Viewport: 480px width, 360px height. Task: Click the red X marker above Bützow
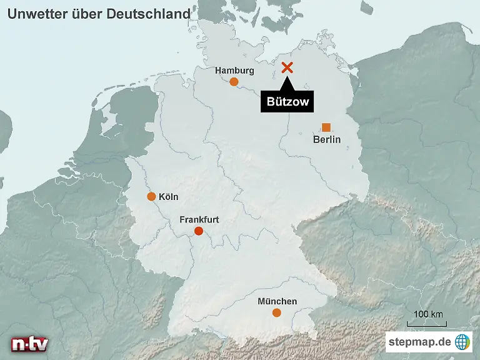coord(287,68)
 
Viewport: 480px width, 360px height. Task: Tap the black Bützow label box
coord(287,102)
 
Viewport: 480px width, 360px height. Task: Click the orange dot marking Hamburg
coord(234,82)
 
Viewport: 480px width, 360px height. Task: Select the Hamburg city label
coord(234,71)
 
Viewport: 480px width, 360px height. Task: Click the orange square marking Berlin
coord(326,127)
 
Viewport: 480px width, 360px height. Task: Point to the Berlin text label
coord(326,139)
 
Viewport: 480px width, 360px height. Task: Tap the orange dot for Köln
coord(151,196)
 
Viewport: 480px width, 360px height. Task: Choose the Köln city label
coord(169,197)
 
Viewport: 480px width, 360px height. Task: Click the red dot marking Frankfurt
coord(199,231)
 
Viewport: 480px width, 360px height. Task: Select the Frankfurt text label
coord(199,220)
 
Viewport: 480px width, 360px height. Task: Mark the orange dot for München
coord(277,312)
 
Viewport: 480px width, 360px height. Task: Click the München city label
coord(277,301)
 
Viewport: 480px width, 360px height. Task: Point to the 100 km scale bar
coord(427,324)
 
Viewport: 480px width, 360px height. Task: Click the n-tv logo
coord(29,344)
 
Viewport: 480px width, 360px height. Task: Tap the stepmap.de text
coord(419,342)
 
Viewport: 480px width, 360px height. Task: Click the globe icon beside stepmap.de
coord(462,342)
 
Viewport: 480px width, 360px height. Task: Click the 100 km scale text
coord(428,314)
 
